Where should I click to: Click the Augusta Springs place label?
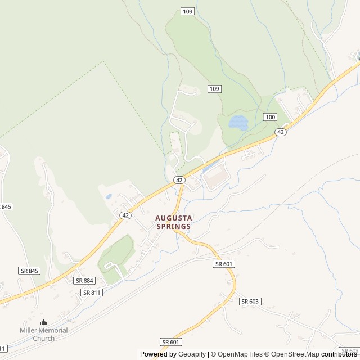[174, 222]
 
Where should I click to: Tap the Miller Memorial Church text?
[43, 334]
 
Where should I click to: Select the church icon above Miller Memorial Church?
[44, 322]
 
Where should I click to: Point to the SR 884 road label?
[84, 281]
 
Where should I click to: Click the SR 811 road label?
[92, 292]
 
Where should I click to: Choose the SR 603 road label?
[250, 301]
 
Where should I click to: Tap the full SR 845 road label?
[29, 271]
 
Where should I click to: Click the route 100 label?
[270, 117]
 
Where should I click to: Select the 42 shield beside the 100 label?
[281, 132]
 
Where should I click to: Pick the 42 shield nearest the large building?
[179, 180]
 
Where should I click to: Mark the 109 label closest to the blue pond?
[214, 89]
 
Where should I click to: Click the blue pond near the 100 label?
[238, 122]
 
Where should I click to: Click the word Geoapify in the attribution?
[192, 354]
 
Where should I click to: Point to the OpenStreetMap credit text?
[295, 354]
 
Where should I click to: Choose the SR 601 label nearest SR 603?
[224, 264]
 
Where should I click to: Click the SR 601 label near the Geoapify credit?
[171, 342]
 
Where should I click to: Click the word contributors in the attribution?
[339, 354]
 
